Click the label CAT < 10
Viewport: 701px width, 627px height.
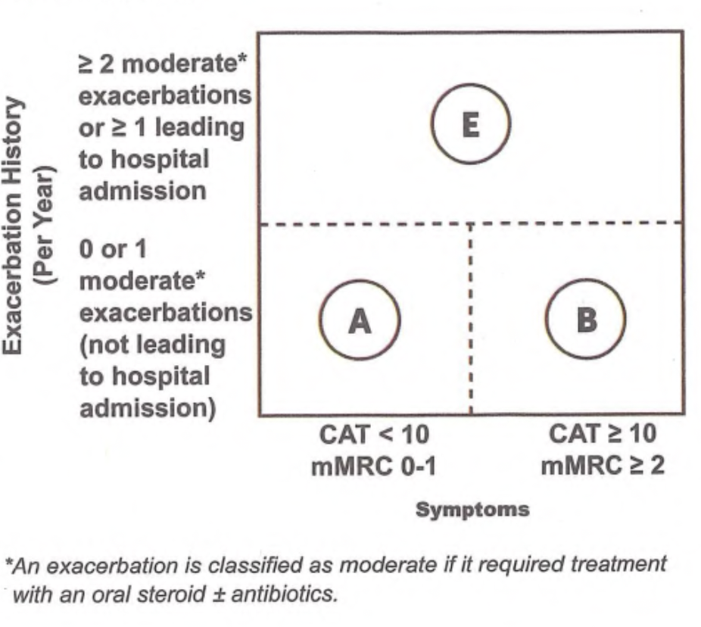(374, 434)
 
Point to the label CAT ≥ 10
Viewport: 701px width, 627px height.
(603, 434)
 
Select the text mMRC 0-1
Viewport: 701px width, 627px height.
(374, 466)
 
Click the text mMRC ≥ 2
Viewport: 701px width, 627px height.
(603, 466)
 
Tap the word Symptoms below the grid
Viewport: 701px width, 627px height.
(472, 510)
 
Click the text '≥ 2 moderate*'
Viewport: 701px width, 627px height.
(163, 64)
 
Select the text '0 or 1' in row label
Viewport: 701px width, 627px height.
(113, 249)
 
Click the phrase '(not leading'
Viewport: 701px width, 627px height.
(152, 345)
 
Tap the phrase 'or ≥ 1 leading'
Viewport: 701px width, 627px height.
(161, 128)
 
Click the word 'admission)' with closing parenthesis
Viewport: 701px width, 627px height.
(148, 409)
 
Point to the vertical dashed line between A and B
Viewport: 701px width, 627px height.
(471, 318)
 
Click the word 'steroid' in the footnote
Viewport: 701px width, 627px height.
(171, 594)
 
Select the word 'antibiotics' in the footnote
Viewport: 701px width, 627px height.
(284, 594)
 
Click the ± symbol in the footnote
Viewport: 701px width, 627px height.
(218, 594)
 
